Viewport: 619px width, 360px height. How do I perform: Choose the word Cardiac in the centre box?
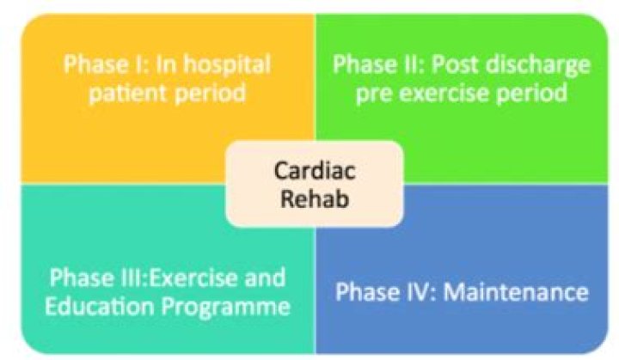coord(315,171)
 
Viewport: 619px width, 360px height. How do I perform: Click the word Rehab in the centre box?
coord(315,198)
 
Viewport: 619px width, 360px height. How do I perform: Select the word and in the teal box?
coord(265,278)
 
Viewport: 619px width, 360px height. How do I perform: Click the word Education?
coord(99,307)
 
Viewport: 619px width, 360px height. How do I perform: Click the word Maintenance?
coord(516,292)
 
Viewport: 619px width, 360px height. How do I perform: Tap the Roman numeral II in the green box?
coord(415,64)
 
